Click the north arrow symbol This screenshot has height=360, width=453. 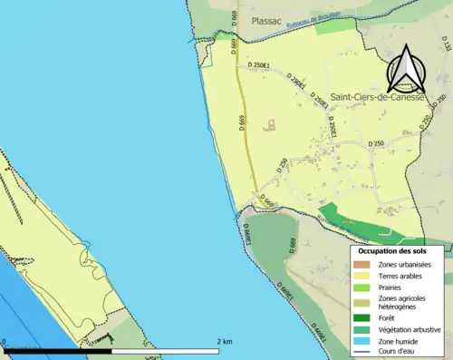pyautogui.click(x=405, y=70)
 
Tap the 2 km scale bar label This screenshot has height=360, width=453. pyautogui.click(x=223, y=341)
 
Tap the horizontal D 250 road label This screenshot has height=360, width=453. pyautogui.click(x=378, y=143)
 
